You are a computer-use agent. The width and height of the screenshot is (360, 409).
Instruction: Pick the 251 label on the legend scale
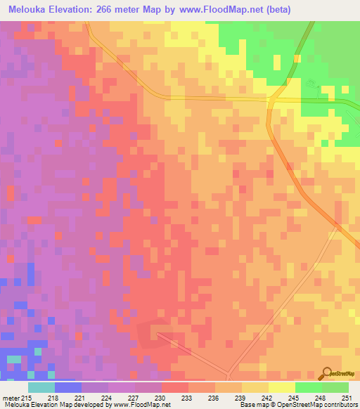coord(348,398)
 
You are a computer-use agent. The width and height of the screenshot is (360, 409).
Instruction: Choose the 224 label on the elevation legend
coord(108,398)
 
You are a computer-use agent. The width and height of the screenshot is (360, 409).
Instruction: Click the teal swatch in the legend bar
coord(41,387)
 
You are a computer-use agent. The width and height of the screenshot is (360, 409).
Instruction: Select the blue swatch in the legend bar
coord(68,387)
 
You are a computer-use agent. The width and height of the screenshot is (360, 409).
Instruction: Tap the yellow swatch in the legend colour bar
coord(281,387)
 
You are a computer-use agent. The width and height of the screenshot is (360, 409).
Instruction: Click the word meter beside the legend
coord(10,398)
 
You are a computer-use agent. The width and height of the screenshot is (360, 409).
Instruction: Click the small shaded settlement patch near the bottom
coord(154,333)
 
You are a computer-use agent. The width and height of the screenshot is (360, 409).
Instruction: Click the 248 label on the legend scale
coord(321,398)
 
